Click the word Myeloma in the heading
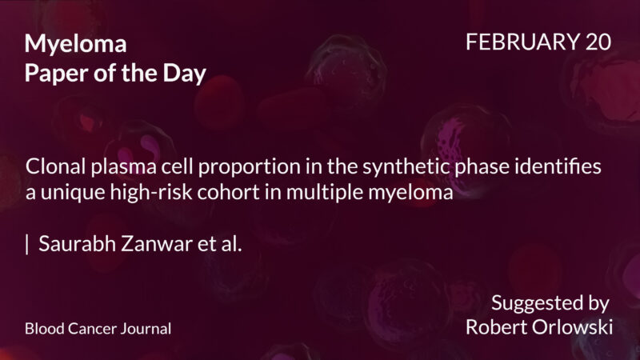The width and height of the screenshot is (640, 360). [x=75, y=45]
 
